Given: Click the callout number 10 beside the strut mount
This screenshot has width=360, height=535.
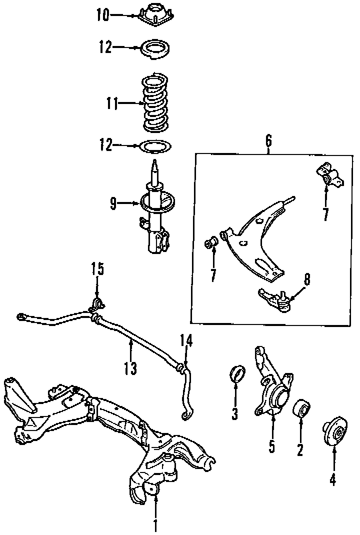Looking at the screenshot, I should pos(102,15).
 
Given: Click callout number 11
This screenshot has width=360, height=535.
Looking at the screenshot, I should pos(112,104).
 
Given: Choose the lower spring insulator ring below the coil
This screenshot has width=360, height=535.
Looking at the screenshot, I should pos(155,146).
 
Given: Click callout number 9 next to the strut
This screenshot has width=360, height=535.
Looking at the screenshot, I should pos(113,203).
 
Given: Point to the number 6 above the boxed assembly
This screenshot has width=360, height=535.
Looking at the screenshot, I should pos(268,141).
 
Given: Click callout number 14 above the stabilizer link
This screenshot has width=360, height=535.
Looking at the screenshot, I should pos(186,341).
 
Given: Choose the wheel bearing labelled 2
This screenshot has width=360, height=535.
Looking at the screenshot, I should pos(301,408).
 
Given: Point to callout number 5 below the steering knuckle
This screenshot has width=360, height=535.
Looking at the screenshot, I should pos(271,445).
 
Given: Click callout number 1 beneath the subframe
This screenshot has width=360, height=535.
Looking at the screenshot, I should pos(155,524).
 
